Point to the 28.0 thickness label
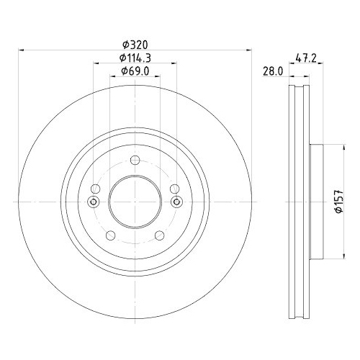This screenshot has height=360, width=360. tap(272, 71)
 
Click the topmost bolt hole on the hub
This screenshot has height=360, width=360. tap(134, 161)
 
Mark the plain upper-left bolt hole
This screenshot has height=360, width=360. tap(94, 189)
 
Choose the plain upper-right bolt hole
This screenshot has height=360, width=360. tap(174, 189)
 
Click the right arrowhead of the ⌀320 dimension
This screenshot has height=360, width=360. tap(248, 50)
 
